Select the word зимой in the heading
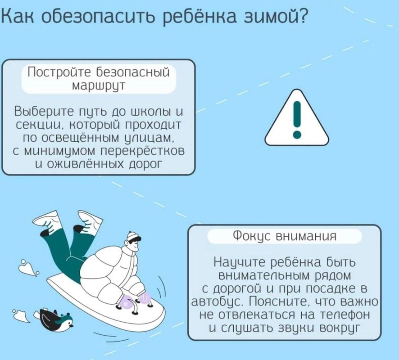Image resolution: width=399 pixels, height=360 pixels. click(x=269, y=16)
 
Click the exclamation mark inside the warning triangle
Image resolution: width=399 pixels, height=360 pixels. click(x=297, y=120)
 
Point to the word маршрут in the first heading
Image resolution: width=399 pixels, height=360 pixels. click(x=99, y=85)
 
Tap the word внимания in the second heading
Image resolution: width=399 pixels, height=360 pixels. click(x=306, y=236)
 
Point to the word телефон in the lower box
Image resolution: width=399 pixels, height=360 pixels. click(x=345, y=315)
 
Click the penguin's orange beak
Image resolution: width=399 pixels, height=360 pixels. click(x=72, y=325)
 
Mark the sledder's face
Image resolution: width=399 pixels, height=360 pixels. click(x=134, y=245)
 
